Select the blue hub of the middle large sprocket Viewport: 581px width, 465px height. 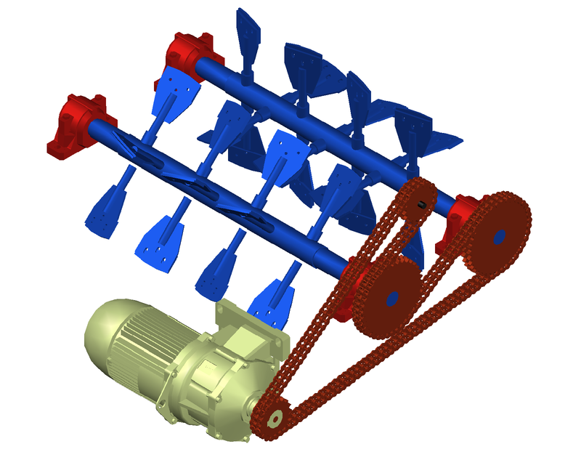pos(391,298)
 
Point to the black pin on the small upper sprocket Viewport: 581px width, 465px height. pos(421,204)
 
